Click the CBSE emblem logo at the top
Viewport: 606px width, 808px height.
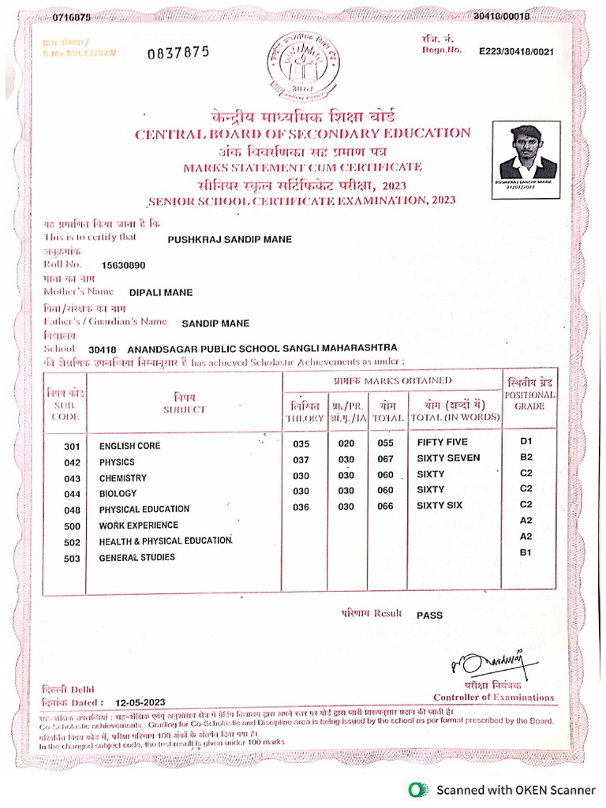(x=303, y=64)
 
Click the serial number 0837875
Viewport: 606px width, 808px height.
(x=178, y=52)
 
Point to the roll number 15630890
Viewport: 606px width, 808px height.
(x=124, y=265)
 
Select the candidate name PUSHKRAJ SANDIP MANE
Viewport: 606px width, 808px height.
(x=230, y=238)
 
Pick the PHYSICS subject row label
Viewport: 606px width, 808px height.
(x=117, y=462)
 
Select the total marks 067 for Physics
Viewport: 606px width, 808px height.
(x=385, y=459)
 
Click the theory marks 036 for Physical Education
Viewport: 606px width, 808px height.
(x=301, y=507)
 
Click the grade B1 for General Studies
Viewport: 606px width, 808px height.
(x=526, y=553)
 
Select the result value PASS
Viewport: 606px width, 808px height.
(x=429, y=615)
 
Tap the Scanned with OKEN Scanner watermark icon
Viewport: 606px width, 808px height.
(x=416, y=789)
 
